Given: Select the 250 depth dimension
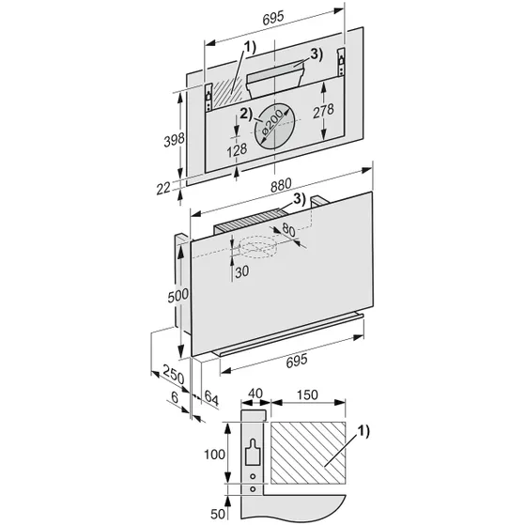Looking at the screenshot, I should tap(172, 373).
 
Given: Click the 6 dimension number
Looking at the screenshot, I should tap(174, 397).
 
